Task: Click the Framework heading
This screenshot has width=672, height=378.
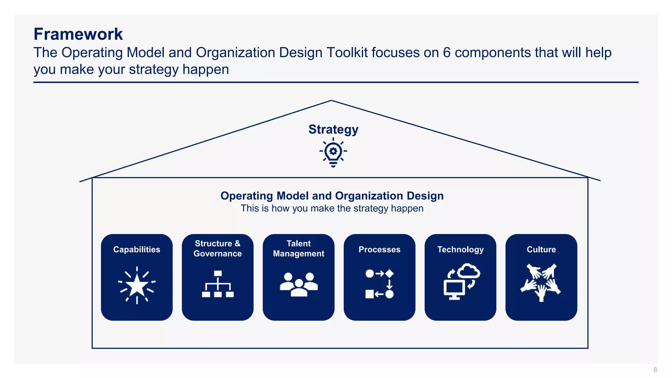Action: pos(78,34)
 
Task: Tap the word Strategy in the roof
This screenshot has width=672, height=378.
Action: pos(333,129)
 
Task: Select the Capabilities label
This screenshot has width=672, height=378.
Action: pos(136,249)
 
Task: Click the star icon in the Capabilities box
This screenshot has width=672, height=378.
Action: pos(137,285)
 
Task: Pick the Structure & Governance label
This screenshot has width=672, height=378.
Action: pos(218,248)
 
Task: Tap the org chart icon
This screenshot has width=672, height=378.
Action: pos(218,284)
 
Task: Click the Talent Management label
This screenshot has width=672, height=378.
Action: pos(298,248)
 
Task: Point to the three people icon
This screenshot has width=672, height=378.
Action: pos(299,284)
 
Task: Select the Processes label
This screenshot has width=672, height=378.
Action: pos(379,249)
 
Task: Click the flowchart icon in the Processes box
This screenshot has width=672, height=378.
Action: pos(379,284)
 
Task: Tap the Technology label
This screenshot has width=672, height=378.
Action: pos(460,249)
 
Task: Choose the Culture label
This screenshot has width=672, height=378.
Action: pos(541,249)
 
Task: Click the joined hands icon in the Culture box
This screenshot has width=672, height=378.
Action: pos(541,282)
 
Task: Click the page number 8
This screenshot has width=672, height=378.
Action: pos(655,370)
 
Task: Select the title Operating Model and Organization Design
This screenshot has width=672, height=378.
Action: pos(332,196)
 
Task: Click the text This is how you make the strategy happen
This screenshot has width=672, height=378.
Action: pos(332,208)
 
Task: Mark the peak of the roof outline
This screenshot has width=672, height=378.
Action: pos(331,101)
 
